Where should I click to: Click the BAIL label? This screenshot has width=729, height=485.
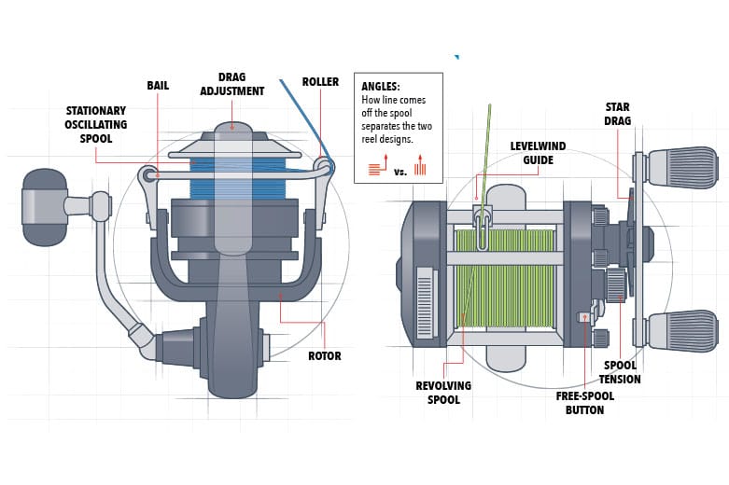pos(158,85)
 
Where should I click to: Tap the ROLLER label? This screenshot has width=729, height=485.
pos(320,82)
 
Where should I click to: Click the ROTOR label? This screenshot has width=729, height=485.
pos(324,355)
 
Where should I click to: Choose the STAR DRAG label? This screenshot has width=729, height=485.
pos(618,114)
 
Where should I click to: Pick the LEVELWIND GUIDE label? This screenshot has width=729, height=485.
pos(532,153)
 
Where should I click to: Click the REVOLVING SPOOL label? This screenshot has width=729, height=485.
pos(443,393)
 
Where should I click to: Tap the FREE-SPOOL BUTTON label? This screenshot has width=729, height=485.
pos(584,403)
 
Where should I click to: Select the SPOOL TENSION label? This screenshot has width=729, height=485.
pos(620,372)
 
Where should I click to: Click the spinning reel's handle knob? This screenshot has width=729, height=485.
pos(44,207)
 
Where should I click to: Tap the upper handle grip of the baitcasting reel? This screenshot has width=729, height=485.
pos(683,166)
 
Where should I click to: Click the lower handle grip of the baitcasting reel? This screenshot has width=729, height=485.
pos(683,331)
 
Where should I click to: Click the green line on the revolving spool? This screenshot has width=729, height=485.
pos(509,280)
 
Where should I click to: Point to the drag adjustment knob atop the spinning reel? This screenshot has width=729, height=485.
pos(232,130)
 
